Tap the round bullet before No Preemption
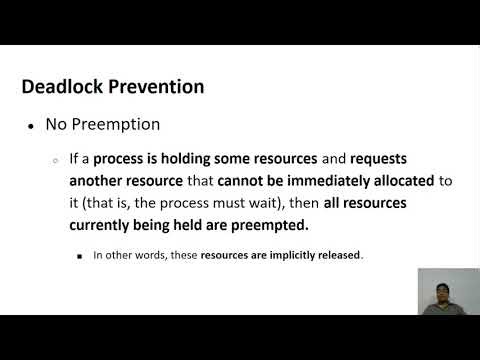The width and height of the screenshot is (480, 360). coord(32,127)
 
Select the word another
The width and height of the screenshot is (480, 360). coord(99,181)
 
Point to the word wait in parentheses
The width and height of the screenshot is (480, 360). coord(261,203)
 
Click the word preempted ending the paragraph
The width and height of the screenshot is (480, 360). coord(271,225)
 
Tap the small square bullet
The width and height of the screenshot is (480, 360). coord(80,255)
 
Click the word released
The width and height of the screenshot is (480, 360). coord(337,255)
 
